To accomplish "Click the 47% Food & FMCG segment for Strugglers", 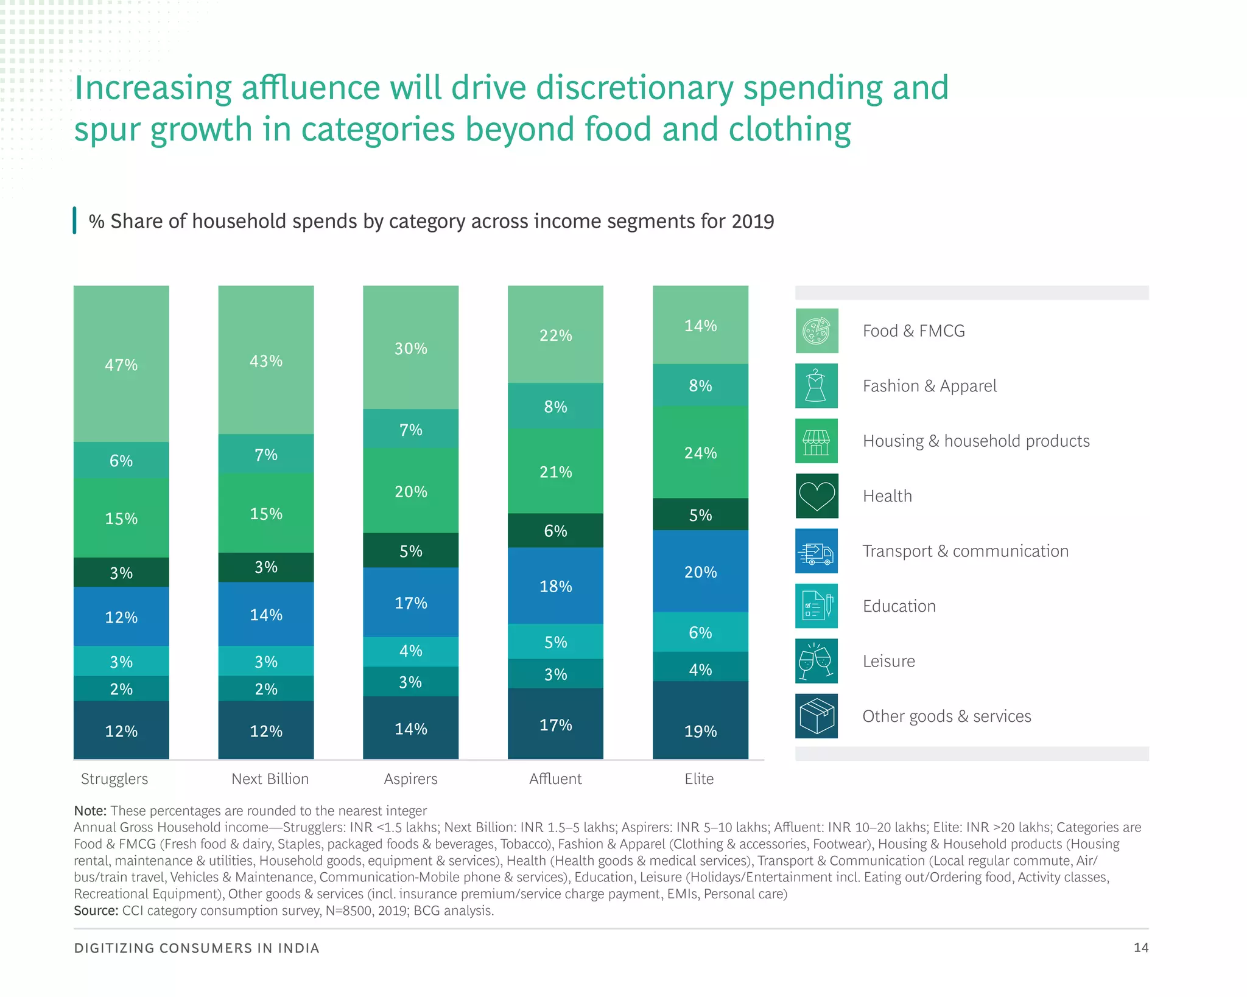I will (x=121, y=364).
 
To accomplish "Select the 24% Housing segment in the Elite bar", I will (x=700, y=452).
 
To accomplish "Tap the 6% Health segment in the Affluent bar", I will (x=555, y=530).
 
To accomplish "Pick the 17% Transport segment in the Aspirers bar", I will (x=410, y=602).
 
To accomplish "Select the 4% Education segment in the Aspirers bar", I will (x=410, y=651).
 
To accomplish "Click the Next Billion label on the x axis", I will (x=270, y=778).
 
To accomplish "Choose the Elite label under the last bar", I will (x=699, y=778).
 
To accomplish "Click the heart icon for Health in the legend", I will (x=817, y=496).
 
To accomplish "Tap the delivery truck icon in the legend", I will (x=817, y=551).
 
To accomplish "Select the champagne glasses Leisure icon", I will (x=817, y=661).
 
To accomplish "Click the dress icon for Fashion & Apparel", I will (x=817, y=386).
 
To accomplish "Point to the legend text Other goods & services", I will (x=946, y=716).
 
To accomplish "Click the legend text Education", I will (x=899, y=606).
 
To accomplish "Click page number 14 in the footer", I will (x=1140, y=947).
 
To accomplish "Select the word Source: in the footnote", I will (x=96, y=911).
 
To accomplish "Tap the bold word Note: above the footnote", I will (x=90, y=811).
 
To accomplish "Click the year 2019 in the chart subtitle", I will (x=753, y=221).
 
